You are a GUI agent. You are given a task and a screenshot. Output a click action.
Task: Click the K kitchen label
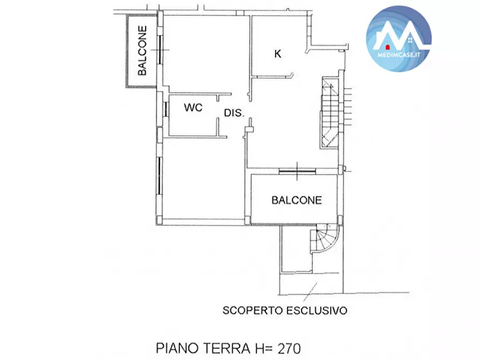pos(278,54)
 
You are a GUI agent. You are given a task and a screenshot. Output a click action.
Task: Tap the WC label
pos(193,107)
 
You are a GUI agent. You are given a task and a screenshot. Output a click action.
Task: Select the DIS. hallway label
pos(234,113)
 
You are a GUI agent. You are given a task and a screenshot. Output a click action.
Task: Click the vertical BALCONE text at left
pos(142,51)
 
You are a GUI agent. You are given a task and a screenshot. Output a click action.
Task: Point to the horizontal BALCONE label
pos(296,200)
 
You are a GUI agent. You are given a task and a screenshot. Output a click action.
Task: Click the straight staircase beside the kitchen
pos(330,113)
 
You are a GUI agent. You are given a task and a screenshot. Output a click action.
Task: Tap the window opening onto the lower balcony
pos(297,171)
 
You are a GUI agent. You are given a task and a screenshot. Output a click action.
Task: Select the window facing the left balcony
pos(160,49)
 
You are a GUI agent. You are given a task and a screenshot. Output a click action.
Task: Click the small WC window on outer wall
pos(167,109)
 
